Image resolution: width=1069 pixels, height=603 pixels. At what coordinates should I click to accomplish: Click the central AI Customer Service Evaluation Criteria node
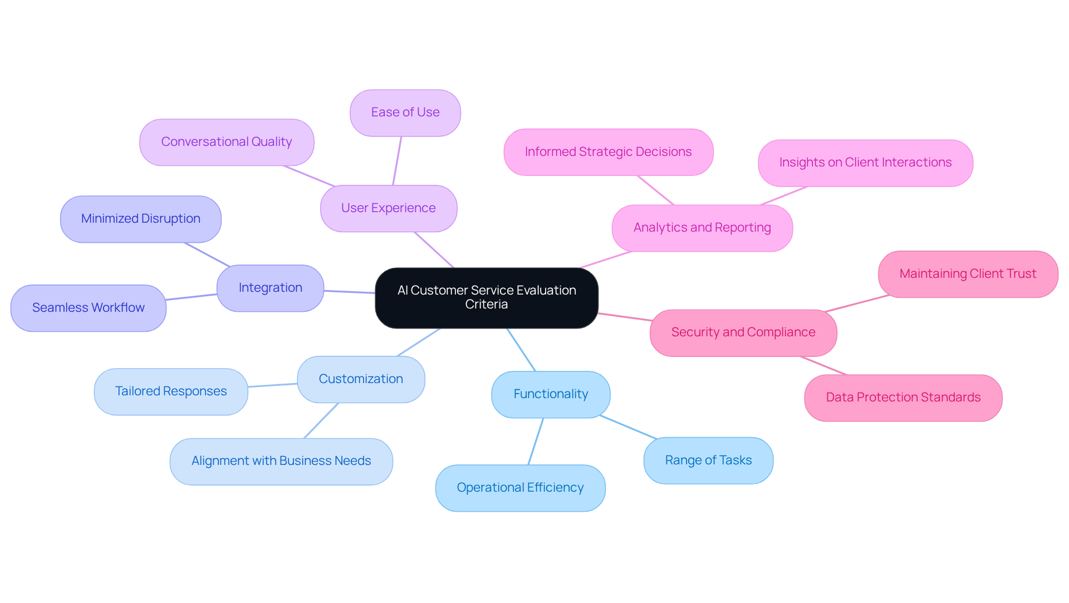click(487, 297)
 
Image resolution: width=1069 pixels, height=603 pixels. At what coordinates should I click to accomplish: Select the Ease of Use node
click(405, 112)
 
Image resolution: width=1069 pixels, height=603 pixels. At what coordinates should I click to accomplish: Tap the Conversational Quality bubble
click(227, 142)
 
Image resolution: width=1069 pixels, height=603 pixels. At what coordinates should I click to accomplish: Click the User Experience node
click(389, 208)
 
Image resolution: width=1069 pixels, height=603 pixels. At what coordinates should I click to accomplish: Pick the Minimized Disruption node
click(141, 219)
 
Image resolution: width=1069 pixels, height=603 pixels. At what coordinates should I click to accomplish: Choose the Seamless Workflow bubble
click(89, 308)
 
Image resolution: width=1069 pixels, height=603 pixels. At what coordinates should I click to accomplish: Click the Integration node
click(271, 288)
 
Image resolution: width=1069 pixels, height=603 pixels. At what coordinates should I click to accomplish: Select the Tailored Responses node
click(171, 391)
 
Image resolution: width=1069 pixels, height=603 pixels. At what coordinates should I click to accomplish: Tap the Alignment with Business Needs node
click(281, 461)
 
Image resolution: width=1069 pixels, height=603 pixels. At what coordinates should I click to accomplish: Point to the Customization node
click(361, 379)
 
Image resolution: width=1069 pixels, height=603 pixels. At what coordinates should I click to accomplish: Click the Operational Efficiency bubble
click(520, 488)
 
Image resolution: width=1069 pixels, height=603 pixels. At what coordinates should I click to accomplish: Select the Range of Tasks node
click(708, 460)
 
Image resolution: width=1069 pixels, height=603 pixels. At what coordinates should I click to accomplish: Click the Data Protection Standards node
click(903, 398)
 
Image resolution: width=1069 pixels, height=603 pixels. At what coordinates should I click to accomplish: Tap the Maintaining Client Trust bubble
click(968, 274)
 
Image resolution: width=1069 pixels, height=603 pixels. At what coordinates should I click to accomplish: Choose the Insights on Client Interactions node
click(865, 163)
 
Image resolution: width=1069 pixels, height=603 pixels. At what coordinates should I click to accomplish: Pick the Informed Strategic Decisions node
click(608, 152)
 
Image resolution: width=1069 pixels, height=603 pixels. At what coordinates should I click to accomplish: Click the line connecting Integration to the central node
click(350, 291)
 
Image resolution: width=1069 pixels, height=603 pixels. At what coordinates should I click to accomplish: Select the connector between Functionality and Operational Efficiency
click(536, 441)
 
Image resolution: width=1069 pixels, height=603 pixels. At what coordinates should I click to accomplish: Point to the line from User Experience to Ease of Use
click(397, 161)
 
